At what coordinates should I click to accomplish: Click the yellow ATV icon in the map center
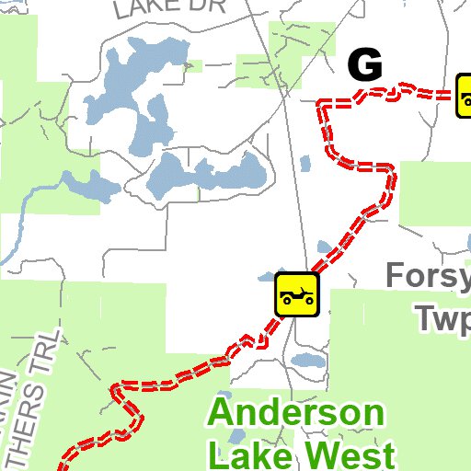296,294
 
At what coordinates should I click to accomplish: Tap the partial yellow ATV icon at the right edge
464,97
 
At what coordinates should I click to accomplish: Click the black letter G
364,65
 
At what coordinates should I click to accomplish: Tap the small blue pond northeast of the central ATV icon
324,248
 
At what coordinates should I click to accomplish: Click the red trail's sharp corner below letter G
321,107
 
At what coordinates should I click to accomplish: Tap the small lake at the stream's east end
97,187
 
